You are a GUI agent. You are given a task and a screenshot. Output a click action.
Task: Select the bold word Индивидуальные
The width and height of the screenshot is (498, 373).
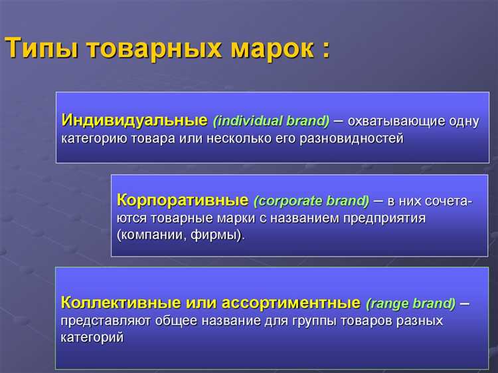[x=135, y=121]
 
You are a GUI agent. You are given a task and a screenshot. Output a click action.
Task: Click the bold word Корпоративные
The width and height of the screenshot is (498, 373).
[x=183, y=200]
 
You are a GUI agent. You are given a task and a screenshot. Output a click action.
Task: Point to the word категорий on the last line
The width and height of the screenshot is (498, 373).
[x=92, y=338]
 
